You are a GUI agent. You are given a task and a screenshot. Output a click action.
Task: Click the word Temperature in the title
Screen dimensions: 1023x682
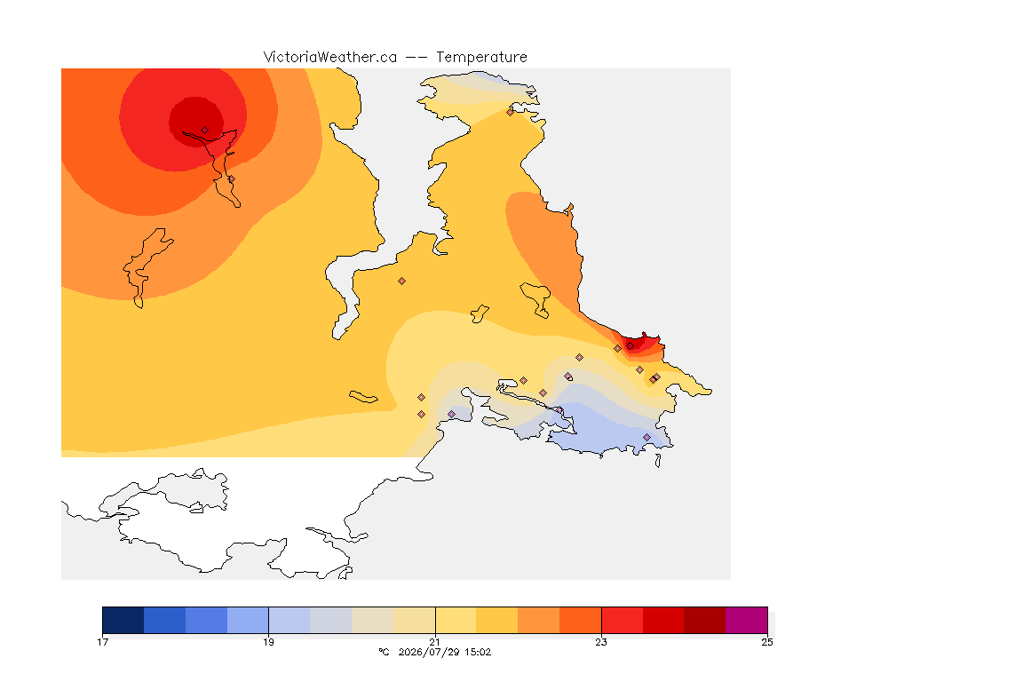tap(481, 58)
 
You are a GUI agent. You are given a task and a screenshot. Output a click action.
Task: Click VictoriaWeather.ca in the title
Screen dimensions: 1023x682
tap(330, 58)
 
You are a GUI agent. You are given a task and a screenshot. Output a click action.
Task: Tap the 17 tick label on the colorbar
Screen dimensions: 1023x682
tap(102, 642)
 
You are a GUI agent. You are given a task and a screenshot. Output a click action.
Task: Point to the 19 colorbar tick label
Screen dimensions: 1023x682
tap(268, 642)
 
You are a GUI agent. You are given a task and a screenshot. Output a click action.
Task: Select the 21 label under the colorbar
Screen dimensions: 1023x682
tap(434, 642)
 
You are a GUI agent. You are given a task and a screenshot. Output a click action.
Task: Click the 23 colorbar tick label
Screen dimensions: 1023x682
tap(601, 642)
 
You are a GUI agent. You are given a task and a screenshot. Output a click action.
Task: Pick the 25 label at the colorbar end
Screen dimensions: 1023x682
tap(767, 642)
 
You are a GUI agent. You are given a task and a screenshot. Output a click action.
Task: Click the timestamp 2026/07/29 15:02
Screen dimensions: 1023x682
tap(444, 652)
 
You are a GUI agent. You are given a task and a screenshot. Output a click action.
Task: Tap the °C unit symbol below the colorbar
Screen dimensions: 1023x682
tap(384, 652)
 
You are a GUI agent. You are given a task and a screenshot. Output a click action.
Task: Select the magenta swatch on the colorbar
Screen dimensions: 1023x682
tap(746, 620)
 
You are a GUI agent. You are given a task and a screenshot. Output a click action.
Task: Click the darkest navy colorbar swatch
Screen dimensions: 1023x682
tap(123, 620)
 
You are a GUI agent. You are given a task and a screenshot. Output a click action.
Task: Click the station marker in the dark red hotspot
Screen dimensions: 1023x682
tap(205, 131)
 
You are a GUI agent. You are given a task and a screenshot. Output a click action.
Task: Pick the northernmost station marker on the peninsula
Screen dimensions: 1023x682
tap(511, 112)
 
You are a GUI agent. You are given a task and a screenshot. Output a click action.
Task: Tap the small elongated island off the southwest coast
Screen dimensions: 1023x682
tap(363, 397)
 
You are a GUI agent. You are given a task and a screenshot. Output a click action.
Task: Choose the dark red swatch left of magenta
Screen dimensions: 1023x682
tap(704, 620)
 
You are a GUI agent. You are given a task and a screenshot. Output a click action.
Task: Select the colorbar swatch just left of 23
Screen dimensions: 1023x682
tap(580, 620)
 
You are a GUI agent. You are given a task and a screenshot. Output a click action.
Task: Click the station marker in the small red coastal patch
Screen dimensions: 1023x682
tap(630, 346)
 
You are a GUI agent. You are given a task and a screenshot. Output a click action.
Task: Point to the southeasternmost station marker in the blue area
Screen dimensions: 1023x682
tap(646, 437)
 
